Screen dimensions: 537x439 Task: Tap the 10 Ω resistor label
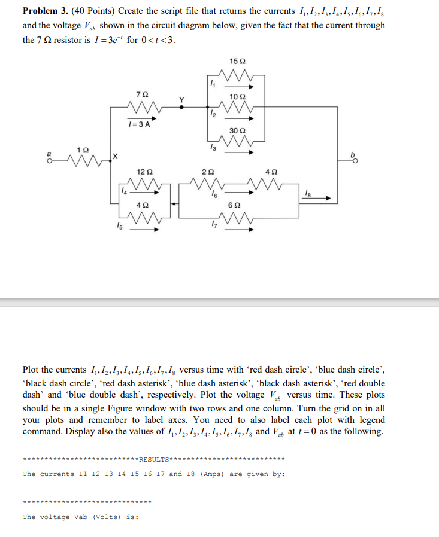pos(238,96)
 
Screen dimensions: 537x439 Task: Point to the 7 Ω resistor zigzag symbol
pos(142,108)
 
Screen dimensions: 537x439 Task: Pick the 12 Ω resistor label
pos(142,172)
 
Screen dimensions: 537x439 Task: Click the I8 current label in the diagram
pos(308,192)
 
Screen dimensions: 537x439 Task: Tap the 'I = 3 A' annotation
pos(138,124)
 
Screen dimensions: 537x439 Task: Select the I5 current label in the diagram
pos(119,225)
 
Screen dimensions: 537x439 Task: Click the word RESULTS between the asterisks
pos(153,460)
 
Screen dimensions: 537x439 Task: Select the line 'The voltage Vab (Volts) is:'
pos(80,517)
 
